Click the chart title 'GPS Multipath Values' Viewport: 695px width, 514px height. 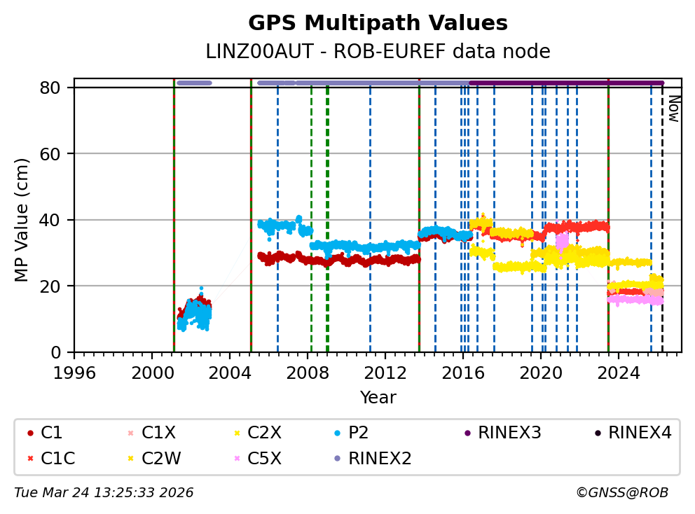coord(378,23)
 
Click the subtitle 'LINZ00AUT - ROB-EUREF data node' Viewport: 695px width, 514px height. coord(378,52)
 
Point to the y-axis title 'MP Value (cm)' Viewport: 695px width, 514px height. coord(22,220)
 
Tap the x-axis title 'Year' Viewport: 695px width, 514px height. coord(378,398)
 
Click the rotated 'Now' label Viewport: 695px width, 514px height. coord(673,109)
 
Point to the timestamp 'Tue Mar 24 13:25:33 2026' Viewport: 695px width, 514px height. coord(104,493)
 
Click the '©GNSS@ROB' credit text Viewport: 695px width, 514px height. coord(622,493)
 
